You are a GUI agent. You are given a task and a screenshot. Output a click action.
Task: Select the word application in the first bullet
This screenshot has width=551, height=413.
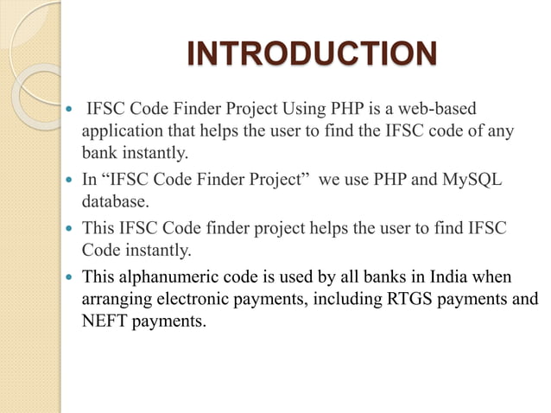pyautogui.click(x=122, y=133)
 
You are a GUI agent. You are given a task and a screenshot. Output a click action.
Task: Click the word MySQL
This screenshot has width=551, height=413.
pyautogui.click(x=472, y=181)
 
